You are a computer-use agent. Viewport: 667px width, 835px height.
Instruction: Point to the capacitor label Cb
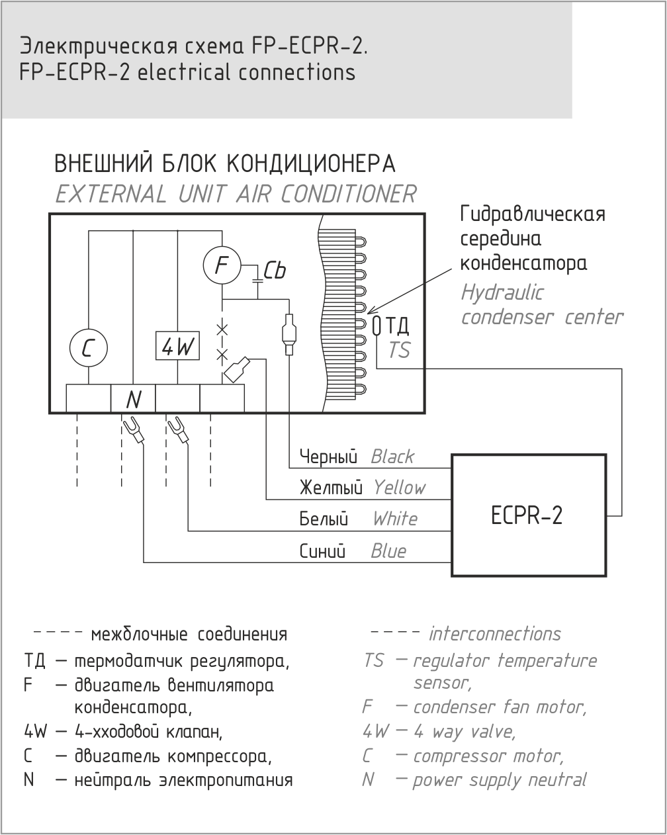tap(275, 270)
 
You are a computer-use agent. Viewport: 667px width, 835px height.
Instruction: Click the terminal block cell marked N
tap(133, 398)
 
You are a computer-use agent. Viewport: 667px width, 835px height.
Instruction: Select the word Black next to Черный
tap(392, 457)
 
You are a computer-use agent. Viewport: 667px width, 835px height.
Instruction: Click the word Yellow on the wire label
tap(399, 488)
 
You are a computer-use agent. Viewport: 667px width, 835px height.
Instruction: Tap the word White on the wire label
tap(395, 519)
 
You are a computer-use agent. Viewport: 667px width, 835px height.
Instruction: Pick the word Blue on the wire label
tap(388, 551)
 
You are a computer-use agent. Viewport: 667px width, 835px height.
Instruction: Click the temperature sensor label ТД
tap(397, 326)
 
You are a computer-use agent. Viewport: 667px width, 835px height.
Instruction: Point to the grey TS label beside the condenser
tap(399, 350)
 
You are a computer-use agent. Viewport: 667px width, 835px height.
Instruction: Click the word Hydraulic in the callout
tap(502, 292)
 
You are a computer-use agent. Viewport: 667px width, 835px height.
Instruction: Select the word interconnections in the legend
tap(495, 634)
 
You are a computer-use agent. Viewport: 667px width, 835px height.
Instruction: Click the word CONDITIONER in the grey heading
tap(349, 194)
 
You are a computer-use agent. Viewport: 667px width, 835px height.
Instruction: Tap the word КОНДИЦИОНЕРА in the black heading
tap(311, 163)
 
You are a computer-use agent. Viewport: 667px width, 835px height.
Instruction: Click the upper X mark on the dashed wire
tap(222, 330)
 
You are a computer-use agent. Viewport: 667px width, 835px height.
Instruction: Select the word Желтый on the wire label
tap(331, 488)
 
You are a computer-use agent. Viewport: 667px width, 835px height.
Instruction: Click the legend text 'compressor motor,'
tap(488, 756)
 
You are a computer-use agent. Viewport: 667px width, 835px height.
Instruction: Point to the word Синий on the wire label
tap(322, 551)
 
